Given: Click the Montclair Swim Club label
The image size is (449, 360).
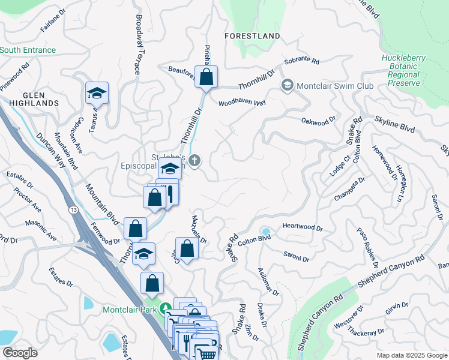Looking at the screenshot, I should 335,86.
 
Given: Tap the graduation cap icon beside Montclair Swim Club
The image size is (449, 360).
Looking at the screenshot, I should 287,86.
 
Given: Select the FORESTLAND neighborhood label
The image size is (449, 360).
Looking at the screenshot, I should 252,36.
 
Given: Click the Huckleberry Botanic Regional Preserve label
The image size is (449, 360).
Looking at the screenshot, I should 403,71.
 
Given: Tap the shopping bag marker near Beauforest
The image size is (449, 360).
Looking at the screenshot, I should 206,77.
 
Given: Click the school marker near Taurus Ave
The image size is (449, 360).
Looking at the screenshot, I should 97,93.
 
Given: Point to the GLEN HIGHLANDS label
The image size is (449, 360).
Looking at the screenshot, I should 33,99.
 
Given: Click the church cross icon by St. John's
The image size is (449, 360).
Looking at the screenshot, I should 193,160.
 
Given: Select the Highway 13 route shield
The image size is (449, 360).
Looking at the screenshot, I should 73,209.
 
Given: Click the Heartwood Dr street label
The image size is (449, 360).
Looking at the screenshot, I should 303,229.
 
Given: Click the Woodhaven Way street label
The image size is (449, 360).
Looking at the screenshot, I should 242,103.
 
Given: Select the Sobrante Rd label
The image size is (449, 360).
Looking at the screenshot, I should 301,61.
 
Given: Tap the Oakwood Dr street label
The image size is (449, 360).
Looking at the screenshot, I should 318,122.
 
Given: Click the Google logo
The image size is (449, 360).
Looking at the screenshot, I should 20,353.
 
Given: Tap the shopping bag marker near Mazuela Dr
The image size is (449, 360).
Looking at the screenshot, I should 187,248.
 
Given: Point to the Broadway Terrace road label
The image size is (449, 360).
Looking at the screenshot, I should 138,45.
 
